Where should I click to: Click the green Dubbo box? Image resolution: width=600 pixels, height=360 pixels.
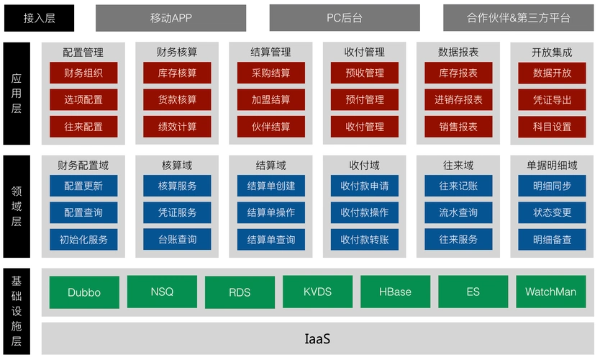(83, 292)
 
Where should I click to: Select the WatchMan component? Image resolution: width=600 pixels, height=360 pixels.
(550, 292)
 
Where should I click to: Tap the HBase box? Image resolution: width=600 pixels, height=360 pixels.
(395, 292)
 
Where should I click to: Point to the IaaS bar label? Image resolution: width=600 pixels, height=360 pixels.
(317, 338)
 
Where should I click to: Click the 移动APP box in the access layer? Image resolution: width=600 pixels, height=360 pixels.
(171, 18)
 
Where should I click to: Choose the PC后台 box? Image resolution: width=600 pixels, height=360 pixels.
(345, 18)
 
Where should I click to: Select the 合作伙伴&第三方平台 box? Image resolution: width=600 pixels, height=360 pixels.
(518, 18)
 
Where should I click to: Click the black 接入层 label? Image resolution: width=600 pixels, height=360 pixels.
(39, 18)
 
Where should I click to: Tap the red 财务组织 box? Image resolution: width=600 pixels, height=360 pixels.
(83, 73)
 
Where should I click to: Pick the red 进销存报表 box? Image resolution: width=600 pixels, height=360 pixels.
(458, 99)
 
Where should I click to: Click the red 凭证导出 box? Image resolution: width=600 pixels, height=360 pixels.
(552, 99)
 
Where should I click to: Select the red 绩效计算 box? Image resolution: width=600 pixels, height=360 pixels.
(177, 126)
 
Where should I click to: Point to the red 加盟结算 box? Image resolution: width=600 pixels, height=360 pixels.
(271, 99)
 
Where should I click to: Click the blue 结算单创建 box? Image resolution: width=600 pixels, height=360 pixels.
(271, 186)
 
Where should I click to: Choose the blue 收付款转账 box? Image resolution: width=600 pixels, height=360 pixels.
(365, 239)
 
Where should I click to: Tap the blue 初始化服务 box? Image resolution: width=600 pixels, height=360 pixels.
(83, 239)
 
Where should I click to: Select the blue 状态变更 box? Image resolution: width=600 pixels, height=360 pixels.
(552, 212)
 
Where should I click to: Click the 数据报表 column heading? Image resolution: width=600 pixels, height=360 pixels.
(458, 52)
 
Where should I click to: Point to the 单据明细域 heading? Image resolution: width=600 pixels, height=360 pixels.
(552, 166)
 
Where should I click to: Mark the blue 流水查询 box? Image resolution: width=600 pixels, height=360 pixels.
(458, 212)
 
